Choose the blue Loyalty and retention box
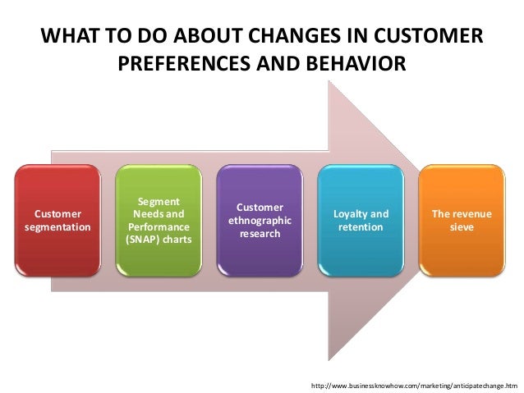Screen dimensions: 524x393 tap(360, 221)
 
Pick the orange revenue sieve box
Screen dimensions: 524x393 tap(462, 221)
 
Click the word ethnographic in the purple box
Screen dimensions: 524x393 tap(260, 221)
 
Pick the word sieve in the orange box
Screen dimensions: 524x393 tap(462, 227)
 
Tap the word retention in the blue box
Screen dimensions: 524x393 tap(361, 227)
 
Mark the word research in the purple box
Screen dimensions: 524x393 tap(260, 234)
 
